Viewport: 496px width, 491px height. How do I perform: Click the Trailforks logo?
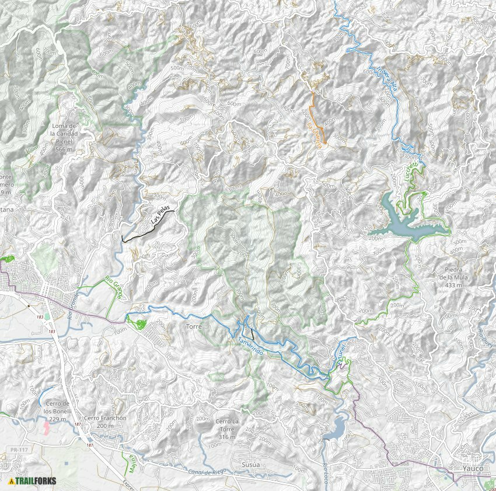pos(33,481)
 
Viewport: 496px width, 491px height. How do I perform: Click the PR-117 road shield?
pos(20,450)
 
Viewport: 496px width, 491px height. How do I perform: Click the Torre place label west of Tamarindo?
pos(194,327)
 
